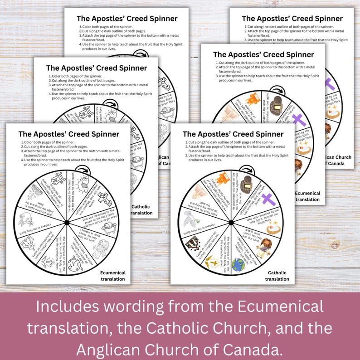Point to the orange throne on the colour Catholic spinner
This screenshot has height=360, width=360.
coord(222,179)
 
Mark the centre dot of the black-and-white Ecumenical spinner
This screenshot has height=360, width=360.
coord(67,222)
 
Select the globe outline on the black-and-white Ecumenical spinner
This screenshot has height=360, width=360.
coord(73,264)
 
